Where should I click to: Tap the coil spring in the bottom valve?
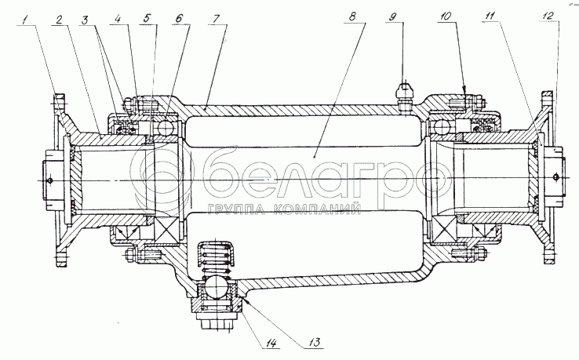214,254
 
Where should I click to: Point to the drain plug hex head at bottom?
214,322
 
